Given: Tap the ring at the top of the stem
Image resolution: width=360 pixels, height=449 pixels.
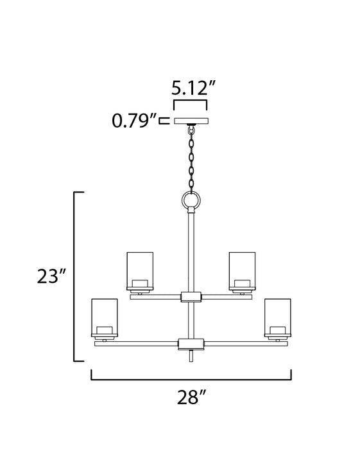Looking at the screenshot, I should pos(191,202).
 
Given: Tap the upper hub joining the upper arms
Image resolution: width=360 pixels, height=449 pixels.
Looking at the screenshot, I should pos(191,296).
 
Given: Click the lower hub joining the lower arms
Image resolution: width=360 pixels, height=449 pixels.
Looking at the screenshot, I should pos(191,344).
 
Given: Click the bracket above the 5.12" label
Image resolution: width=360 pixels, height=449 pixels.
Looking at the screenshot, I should pos(191,101).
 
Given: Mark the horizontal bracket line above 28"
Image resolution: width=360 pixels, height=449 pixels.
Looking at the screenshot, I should pos(191,379).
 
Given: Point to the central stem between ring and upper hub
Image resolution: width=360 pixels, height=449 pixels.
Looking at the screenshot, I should pos(191,250).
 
